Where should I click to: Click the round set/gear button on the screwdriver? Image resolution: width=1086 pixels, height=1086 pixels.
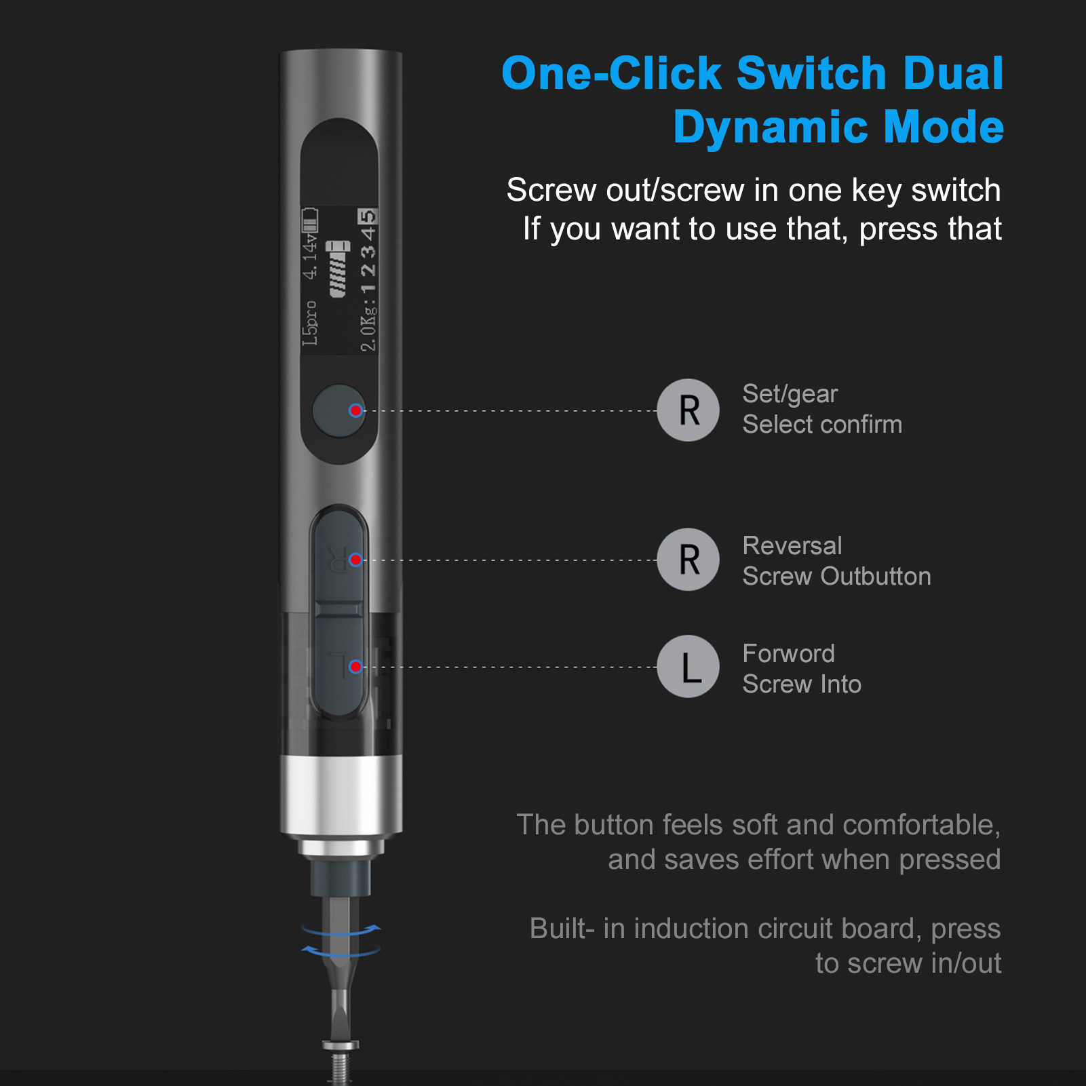[338, 410]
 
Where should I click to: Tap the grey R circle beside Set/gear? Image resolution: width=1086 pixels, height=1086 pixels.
[688, 410]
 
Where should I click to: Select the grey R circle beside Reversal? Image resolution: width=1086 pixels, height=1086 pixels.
[688, 560]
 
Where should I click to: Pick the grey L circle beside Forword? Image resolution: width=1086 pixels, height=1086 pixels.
[688, 667]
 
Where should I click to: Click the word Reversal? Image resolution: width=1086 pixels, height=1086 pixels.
[792, 546]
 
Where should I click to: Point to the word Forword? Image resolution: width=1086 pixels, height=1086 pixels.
[788, 654]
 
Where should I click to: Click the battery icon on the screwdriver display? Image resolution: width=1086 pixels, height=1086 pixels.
[310, 221]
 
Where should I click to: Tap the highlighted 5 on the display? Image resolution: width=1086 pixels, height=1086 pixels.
[367, 217]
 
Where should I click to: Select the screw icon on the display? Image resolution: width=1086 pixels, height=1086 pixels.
[338, 269]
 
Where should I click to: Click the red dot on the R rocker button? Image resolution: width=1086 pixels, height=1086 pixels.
[355, 560]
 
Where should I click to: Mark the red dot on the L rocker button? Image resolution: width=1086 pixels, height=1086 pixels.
[355, 667]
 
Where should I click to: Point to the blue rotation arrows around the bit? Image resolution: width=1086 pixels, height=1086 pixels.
[341, 939]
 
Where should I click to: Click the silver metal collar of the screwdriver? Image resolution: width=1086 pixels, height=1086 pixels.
[341, 794]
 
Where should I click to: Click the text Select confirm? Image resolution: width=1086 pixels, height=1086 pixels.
[822, 425]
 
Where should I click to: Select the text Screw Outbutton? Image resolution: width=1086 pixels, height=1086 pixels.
[836, 577]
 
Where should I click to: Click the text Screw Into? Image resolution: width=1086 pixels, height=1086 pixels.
[802, 684]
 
